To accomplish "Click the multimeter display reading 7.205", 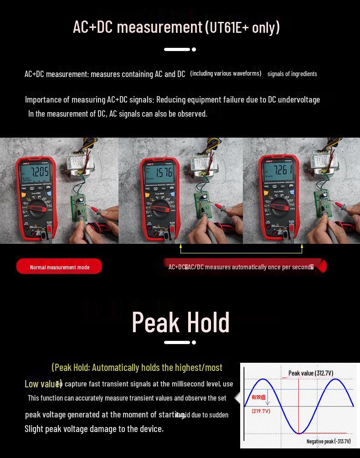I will coord(39,172).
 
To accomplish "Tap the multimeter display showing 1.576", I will coord(164,173).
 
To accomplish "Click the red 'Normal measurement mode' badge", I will coord(59,267).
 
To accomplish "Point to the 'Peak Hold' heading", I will coord(180,322).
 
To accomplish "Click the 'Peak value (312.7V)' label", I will coord(310,373).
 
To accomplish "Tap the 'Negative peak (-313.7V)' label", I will coord(329,441).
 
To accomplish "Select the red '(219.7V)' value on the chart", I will coord(261,411).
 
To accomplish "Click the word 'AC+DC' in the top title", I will coord(93,27).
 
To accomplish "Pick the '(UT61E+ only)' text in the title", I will coord(242,27).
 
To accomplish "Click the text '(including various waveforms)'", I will coord(226,73).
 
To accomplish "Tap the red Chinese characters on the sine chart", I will coord(258,397).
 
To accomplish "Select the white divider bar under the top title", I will coord(177,49).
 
